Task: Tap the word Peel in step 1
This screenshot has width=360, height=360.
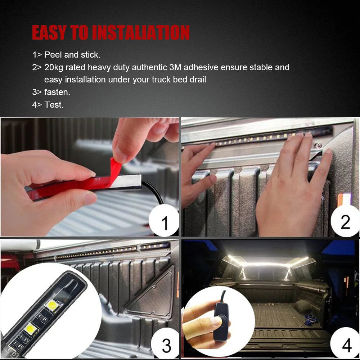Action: coord(53,55)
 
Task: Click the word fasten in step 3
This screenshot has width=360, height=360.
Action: coord(57,92)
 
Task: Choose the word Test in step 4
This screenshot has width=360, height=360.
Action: coord(54,105)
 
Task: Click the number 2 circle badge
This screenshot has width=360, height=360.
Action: coord(345,221)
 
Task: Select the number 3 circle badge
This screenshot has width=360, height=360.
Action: coord(166,345)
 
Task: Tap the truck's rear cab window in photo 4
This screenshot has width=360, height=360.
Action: coord(265,273)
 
